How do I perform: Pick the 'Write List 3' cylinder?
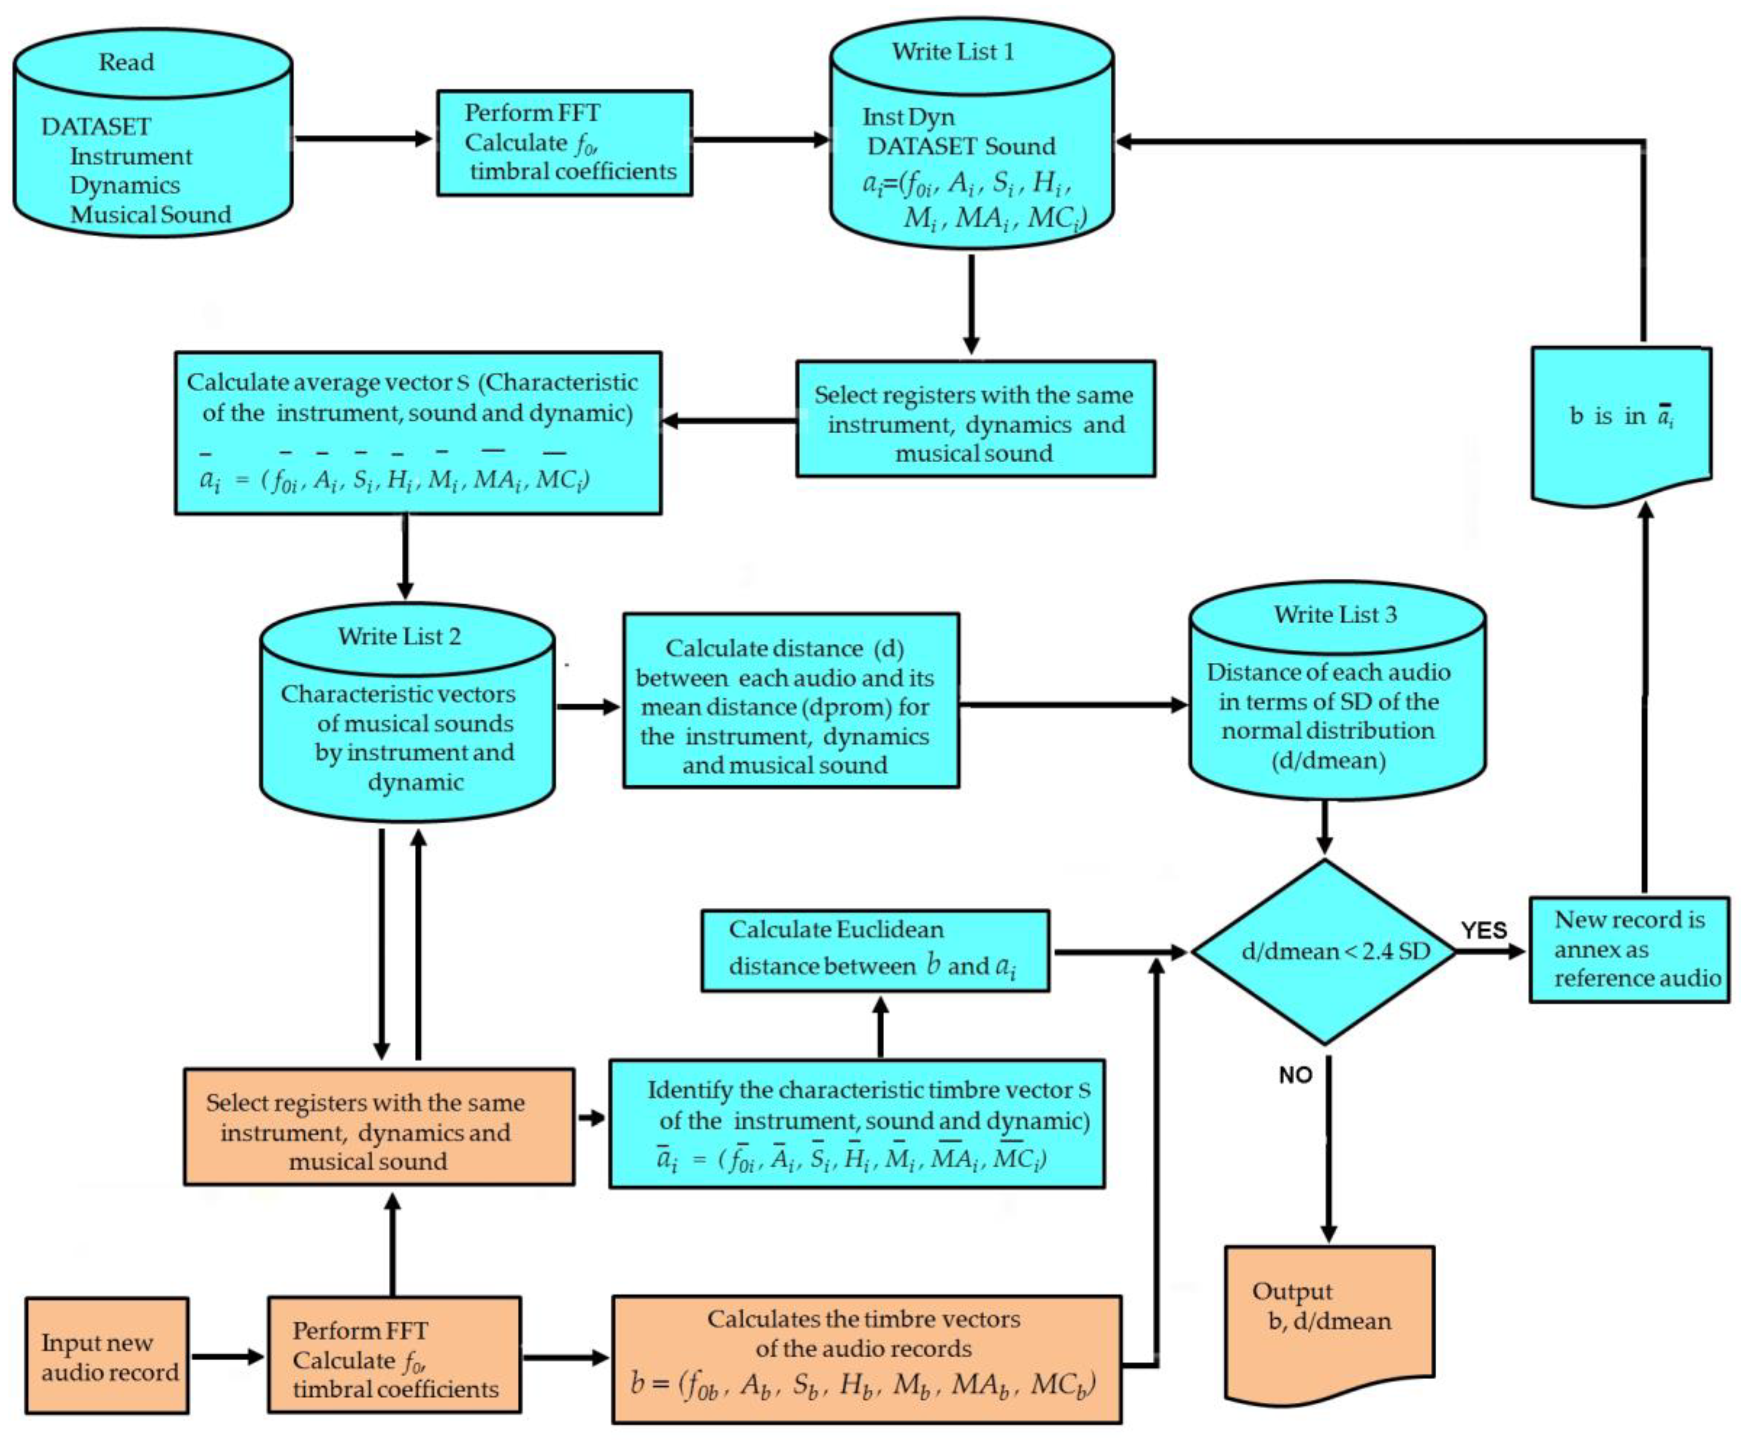(x=1336, y=690)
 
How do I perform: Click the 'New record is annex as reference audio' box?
(x=1629, y=949)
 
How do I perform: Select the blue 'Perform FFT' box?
(x=565, y=143)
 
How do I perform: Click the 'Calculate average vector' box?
(x=418, y=433)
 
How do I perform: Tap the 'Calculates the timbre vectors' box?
(x=867, y=1360)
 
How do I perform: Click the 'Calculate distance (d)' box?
(x=791, y=700)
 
